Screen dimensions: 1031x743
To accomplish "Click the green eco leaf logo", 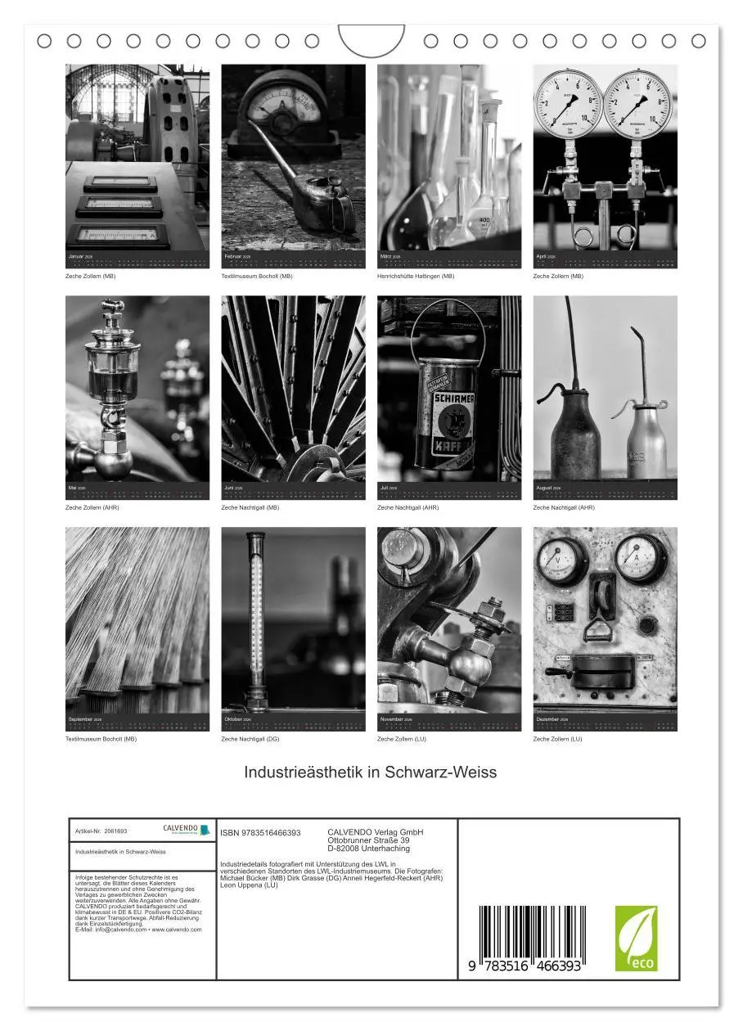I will tap(636, 939).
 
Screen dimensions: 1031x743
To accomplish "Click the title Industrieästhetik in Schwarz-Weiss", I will tap(371, 772).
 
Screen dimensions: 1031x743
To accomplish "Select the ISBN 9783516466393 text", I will tap(260, 833).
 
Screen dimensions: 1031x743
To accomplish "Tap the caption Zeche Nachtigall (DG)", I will tap(250, 739).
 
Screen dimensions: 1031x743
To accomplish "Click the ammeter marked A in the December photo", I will tap(640, 559).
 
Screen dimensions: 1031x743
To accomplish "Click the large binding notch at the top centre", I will tap(371, 40).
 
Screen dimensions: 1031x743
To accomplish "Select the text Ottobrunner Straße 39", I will tap(368, 840).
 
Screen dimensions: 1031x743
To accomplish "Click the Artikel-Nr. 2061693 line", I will tap(101, 831).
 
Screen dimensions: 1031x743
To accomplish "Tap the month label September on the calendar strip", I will tap(81, 719).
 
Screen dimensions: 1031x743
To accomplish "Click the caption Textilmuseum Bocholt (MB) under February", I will tap(257, 277).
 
